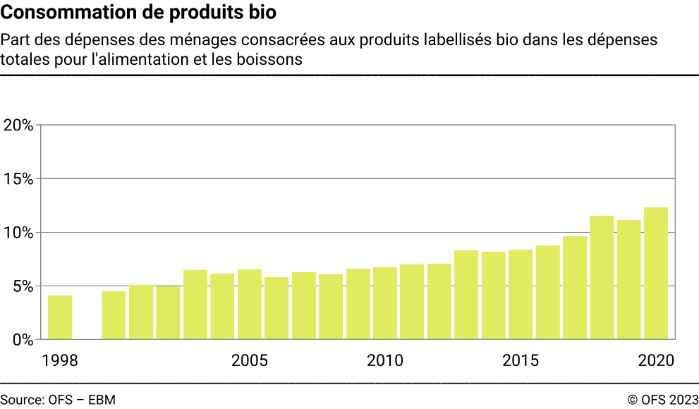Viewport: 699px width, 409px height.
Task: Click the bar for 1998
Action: [60, 317]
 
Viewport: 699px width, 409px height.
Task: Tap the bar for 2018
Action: [602, 278]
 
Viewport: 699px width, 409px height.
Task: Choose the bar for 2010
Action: [385, 303]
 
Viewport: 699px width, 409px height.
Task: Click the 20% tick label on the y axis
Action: [18, 126]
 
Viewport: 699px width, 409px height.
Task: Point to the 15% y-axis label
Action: [18, 179]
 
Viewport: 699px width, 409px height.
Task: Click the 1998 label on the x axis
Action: [60, 361]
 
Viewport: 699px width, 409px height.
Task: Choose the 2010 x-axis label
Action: [385, 361]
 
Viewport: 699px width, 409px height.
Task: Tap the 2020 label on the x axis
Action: [656, 361]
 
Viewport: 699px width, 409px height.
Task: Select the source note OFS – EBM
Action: [58, 400]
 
